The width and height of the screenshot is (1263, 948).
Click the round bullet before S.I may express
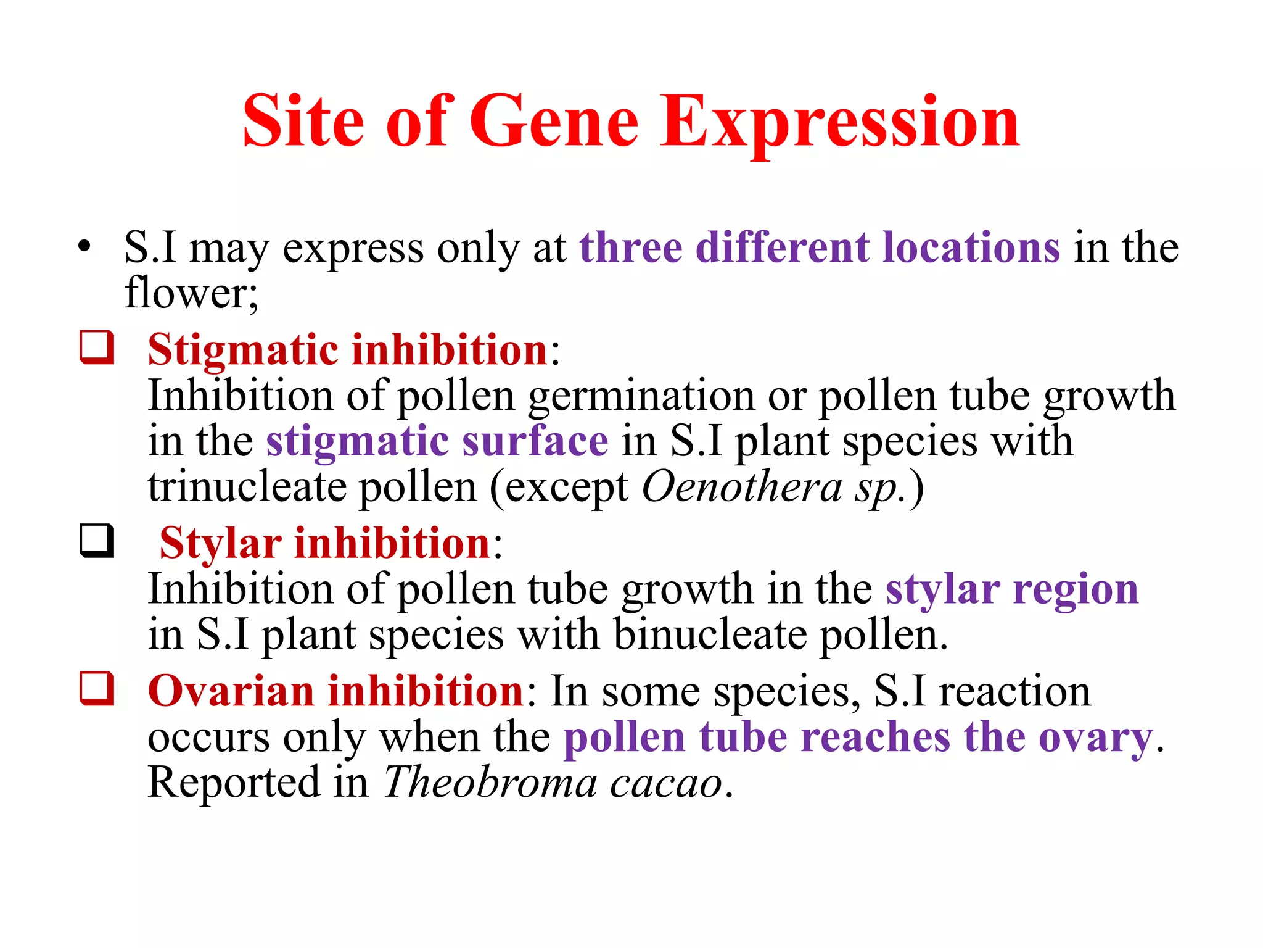tap(84, 246)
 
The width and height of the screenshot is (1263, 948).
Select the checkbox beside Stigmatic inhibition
tap(97, 347)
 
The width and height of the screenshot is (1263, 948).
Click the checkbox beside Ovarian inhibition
tap(97, 688)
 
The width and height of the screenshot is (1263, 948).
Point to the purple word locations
tap(971, 247)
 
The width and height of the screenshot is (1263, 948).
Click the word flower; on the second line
tap(191, 293)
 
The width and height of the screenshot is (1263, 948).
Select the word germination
tap(641, 396)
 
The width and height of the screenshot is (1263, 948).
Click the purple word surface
tap(535, 441)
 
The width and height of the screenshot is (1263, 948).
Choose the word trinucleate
tap(247, 487)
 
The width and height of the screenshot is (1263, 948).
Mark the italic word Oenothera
tap(742, 487)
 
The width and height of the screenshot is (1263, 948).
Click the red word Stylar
tap(220, 544)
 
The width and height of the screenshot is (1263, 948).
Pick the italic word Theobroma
tap(490, 783)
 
